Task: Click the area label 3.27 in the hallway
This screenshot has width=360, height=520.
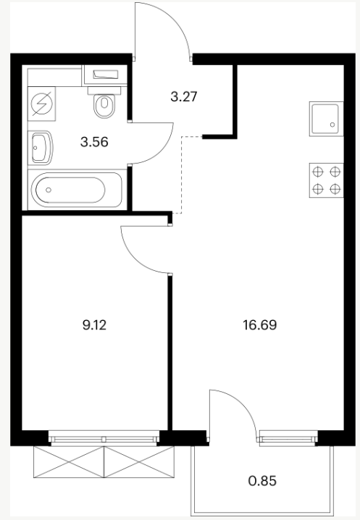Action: [184, 97]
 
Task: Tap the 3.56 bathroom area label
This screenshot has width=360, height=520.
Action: [95, 142]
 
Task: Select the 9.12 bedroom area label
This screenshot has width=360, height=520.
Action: [95, 325]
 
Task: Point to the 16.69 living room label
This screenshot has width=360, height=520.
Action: [260, 325]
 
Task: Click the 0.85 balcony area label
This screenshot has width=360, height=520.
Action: [262, 481]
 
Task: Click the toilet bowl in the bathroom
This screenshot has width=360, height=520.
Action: [104, 106]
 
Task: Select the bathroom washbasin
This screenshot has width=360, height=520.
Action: [41, 148]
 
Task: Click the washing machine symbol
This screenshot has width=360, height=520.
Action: [41, 104]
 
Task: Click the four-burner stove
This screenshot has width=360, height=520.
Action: [327, 180]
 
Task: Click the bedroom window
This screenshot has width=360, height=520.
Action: [104, 437]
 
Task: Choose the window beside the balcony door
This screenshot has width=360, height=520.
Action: [289, 437]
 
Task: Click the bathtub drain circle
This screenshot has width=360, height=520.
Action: [49, 190]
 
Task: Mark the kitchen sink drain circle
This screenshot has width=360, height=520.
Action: [332, 125]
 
